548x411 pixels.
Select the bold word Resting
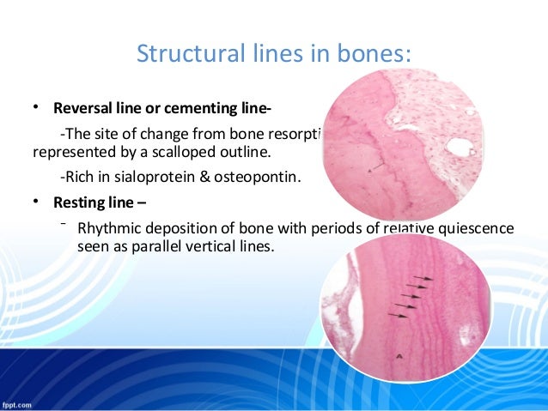tap(80, 204)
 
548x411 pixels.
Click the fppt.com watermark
tap(18, 403)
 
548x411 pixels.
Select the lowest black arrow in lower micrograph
tap(398, 315)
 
